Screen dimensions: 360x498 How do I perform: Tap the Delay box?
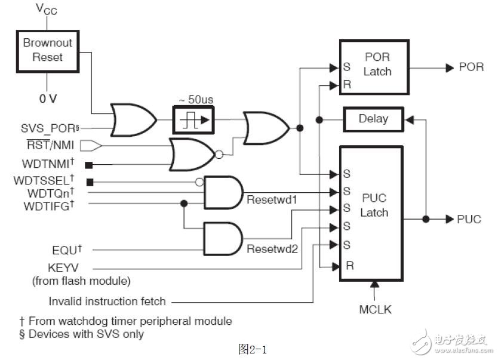[373, 119]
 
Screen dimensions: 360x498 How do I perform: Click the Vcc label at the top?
[46, 8]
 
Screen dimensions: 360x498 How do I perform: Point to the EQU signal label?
[67, 249]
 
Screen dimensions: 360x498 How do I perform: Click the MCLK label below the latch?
[374, 310]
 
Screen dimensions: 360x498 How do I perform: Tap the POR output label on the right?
[471, 67]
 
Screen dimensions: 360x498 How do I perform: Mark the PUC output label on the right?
[469, 219]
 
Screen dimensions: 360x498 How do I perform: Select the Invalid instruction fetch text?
[107, 301]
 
